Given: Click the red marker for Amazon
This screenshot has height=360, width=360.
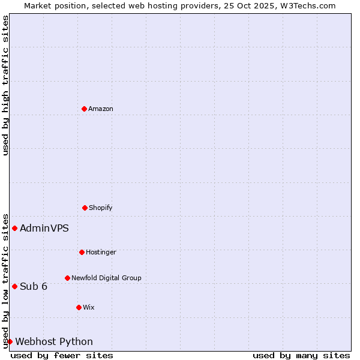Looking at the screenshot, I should tap(84, 109).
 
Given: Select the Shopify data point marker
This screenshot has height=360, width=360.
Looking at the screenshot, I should tap(85, 208).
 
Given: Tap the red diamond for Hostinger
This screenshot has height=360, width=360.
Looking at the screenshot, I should tap(82, 252).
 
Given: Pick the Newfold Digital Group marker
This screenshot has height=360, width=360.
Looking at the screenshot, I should tap(67, 278).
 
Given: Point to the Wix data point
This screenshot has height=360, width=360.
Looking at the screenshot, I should tap(79, 307).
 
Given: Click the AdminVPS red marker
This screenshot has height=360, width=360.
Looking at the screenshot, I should tap(14, 228).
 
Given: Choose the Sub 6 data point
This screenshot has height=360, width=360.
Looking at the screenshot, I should tap(14, 286).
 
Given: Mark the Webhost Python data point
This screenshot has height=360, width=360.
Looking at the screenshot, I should tap(10, 341).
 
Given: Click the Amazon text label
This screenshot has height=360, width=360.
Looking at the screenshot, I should tap(101, 109).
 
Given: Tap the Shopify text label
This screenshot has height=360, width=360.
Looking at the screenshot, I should tap(101, 208).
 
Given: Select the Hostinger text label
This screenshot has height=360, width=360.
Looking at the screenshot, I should tap(101, 252).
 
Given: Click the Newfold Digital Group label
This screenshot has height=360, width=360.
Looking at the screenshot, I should tap(106, 278).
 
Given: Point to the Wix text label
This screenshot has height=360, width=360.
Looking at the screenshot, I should tap(89, 307).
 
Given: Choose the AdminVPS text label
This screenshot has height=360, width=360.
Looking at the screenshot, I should tap(44, 228).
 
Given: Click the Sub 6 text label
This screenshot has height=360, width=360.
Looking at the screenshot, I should tap(34, 286).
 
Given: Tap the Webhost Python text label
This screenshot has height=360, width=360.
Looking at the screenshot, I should tap(54, 341).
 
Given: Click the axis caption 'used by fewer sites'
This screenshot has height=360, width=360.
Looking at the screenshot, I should tap(62, 355).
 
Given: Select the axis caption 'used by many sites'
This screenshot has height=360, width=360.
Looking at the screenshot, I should tap(301, 355).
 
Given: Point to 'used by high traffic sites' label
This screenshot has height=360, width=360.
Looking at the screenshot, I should tap(5, 85).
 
